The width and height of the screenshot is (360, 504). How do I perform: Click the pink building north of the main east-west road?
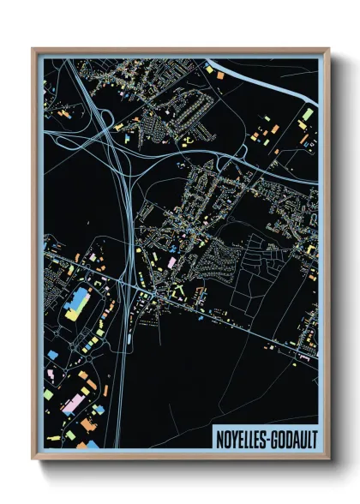click(171, 261)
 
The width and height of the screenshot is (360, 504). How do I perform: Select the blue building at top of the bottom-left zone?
click(53, 353)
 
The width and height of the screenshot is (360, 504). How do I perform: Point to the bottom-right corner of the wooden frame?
click(329, 459)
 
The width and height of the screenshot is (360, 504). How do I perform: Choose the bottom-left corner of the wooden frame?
click(33, 459)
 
